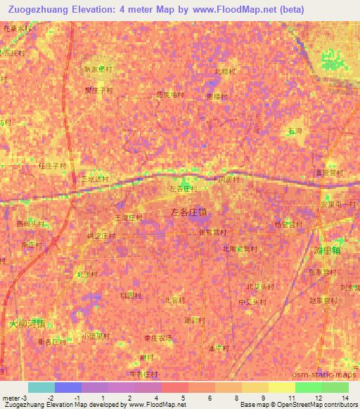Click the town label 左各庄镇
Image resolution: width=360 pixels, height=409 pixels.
(x=189, y=210)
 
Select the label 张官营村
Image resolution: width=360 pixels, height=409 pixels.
(x=212, y=231)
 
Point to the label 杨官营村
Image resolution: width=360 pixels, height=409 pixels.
(x=288, y=224)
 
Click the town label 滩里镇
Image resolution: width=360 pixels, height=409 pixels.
(x=326, y=249)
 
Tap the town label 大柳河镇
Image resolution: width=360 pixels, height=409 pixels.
(x=27, y=324)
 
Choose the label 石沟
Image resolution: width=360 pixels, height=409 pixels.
(x=294, y=131)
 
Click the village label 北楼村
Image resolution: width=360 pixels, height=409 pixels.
(x=224, y=71)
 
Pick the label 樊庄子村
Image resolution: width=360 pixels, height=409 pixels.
(x=98, y=91)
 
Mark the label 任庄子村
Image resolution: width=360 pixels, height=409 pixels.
(x=52, y=166)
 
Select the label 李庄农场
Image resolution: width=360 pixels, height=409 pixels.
(x=157, y=338)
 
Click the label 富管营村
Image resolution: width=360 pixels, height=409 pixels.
(x=329, y=172)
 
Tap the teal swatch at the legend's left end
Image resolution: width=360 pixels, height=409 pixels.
(x=41, y=387)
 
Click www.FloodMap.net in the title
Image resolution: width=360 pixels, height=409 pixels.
(x=266, y=11)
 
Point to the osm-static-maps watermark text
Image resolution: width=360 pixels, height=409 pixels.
(x=332, y=379)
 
